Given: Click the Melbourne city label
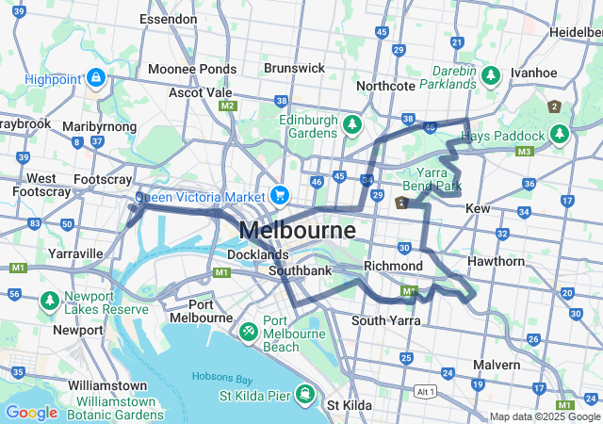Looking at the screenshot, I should click(297, 230).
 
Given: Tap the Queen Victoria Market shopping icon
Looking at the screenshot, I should click(279, 196).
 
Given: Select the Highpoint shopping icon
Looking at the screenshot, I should click(95, 78).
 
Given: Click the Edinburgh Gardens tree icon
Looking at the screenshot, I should click(351, 124).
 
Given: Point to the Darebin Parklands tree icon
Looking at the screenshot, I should click(489, 73).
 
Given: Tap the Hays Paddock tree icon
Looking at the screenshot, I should click(559, 134).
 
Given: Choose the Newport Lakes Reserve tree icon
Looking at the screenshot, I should click(48, 301).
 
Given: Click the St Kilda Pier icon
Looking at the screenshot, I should click(305, 393).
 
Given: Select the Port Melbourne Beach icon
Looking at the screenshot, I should click(248, 332).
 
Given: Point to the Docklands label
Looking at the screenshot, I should click(257, 254).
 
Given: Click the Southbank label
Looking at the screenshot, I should click(300, 271).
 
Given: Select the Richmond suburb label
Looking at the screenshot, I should click(393, 267).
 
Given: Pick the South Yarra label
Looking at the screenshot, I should click(383, 320).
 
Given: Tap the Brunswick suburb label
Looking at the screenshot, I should click(294, 68).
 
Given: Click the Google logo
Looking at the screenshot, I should click(31, 412).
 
